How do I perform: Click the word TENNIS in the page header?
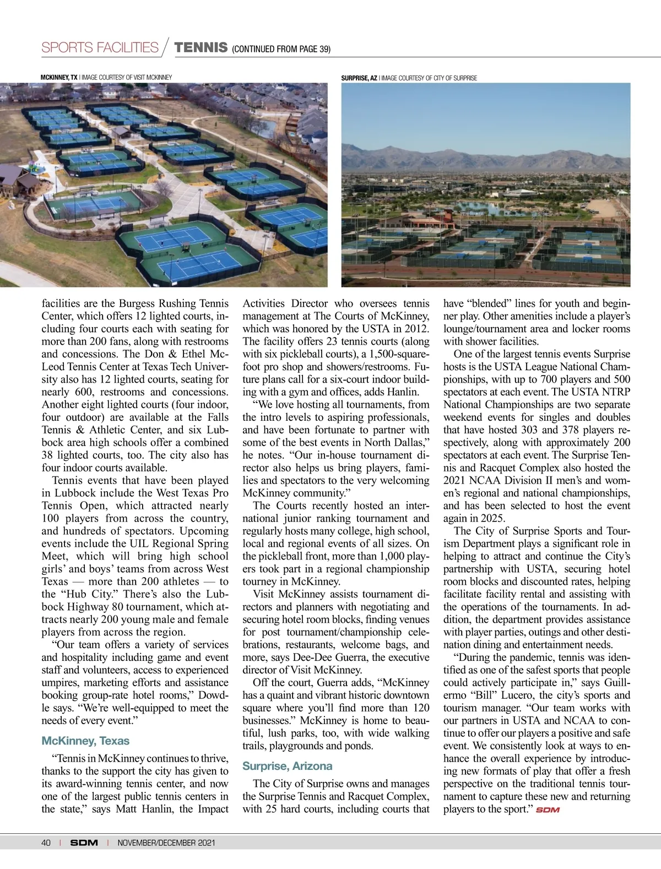pyautogui.click(x=201, y=47)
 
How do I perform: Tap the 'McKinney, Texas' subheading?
pyautogui.click(x=85, y=741)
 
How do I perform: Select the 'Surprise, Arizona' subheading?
pyautogui.click(x=287, y=766)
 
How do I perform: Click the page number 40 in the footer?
pyautogui.click(x=46, y=843)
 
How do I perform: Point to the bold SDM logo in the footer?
pyautogui.click(x=84, y=843)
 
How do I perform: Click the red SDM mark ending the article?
pyautogui.click(x=548, y=810)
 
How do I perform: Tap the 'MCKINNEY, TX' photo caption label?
pyautogui.click(x=59, y=78)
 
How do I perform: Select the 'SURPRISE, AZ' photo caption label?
pyautogui.click(x=359, y=78)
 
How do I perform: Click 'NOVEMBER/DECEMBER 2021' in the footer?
pyautogui.click(x=166, y=843)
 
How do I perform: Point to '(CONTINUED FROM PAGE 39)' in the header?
pyautogui.click(x=281, y=49)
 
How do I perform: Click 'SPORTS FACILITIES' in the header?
pyautogui.click(x=100, y=47)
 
